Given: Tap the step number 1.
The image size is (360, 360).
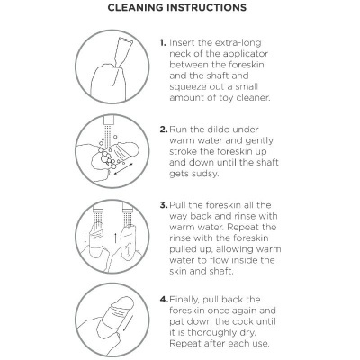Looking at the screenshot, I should [163, 42].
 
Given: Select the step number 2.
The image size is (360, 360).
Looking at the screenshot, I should [164, 130].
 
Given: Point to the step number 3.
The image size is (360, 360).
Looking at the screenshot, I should [164, 206].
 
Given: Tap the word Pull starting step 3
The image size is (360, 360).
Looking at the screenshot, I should [183, 206].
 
